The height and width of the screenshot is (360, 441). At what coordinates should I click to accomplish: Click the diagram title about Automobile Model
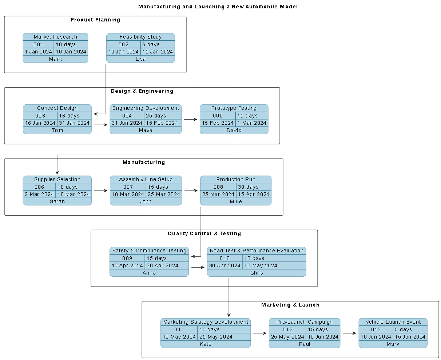pyautogui.click(x=218, y=7)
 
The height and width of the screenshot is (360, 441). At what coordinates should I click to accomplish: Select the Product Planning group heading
pyautogui.click(x=95, y=20)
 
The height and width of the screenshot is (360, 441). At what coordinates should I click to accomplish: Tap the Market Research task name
pyautogui.click(x=55, y=37)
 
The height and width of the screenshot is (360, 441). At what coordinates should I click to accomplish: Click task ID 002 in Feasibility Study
pyautogui.click(x=123, y=44)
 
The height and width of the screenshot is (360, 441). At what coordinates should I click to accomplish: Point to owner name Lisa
pyautogui.click(x=140, y=59)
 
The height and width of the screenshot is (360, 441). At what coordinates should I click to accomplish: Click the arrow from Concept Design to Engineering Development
pyautogui.click(x=101, y=125)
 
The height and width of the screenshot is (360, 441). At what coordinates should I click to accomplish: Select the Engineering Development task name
pyautogui.click(x=146, y=108)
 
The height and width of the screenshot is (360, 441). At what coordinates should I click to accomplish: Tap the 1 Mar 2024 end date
pyautogui.click(x=252, y=123)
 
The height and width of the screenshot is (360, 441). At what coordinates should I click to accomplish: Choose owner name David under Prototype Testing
pyautogui.click(x=234, y=130)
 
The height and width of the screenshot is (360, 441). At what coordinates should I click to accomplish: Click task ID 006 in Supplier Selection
pyautogui.click(x=39, y=187)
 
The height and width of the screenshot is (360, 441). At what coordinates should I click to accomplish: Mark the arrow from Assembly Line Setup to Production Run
pyautogui.click(x=191, y=190)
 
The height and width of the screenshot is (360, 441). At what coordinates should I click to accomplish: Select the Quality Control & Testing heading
pyautogui.click(x=204, y=233)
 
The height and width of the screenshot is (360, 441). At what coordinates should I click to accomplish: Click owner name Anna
pyautogui.click(x=149, y=273)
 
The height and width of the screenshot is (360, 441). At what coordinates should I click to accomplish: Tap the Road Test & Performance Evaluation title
pyautogui.click(x=257, y=251)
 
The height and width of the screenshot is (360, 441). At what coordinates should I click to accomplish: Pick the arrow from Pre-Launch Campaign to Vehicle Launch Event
pyautogui.click(x=349, y=333)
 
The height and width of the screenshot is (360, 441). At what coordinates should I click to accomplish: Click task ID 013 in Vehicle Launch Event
pyautogui.click(x=376, y=329)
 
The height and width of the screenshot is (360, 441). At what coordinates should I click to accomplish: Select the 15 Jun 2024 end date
pyautogui.click(x=410, y=337)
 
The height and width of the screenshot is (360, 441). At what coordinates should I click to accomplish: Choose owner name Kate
pyautogui.click(x=206, y=344)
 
